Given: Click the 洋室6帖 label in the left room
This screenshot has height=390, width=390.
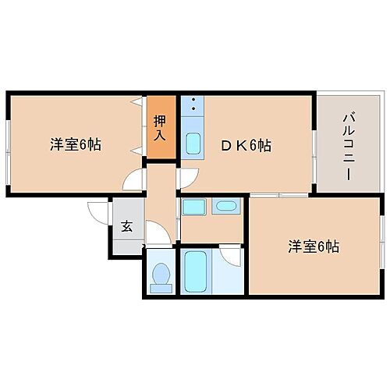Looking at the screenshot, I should click(x=76, y=144).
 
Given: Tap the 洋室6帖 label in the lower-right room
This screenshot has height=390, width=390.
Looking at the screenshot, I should click(x=313, y=246).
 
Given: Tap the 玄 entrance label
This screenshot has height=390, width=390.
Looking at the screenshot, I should click(x=126, y=229).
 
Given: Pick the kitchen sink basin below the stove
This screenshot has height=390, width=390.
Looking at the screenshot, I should click(x=192, y=144).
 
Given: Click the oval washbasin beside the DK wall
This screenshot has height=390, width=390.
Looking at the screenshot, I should click(x=225, y=207).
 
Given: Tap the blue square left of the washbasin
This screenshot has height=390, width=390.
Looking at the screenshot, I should click(x=193, y=207).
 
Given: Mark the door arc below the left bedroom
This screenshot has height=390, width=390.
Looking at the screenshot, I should click(x=135, y=180).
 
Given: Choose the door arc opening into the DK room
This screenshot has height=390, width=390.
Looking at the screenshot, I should click(x=186, y=179).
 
